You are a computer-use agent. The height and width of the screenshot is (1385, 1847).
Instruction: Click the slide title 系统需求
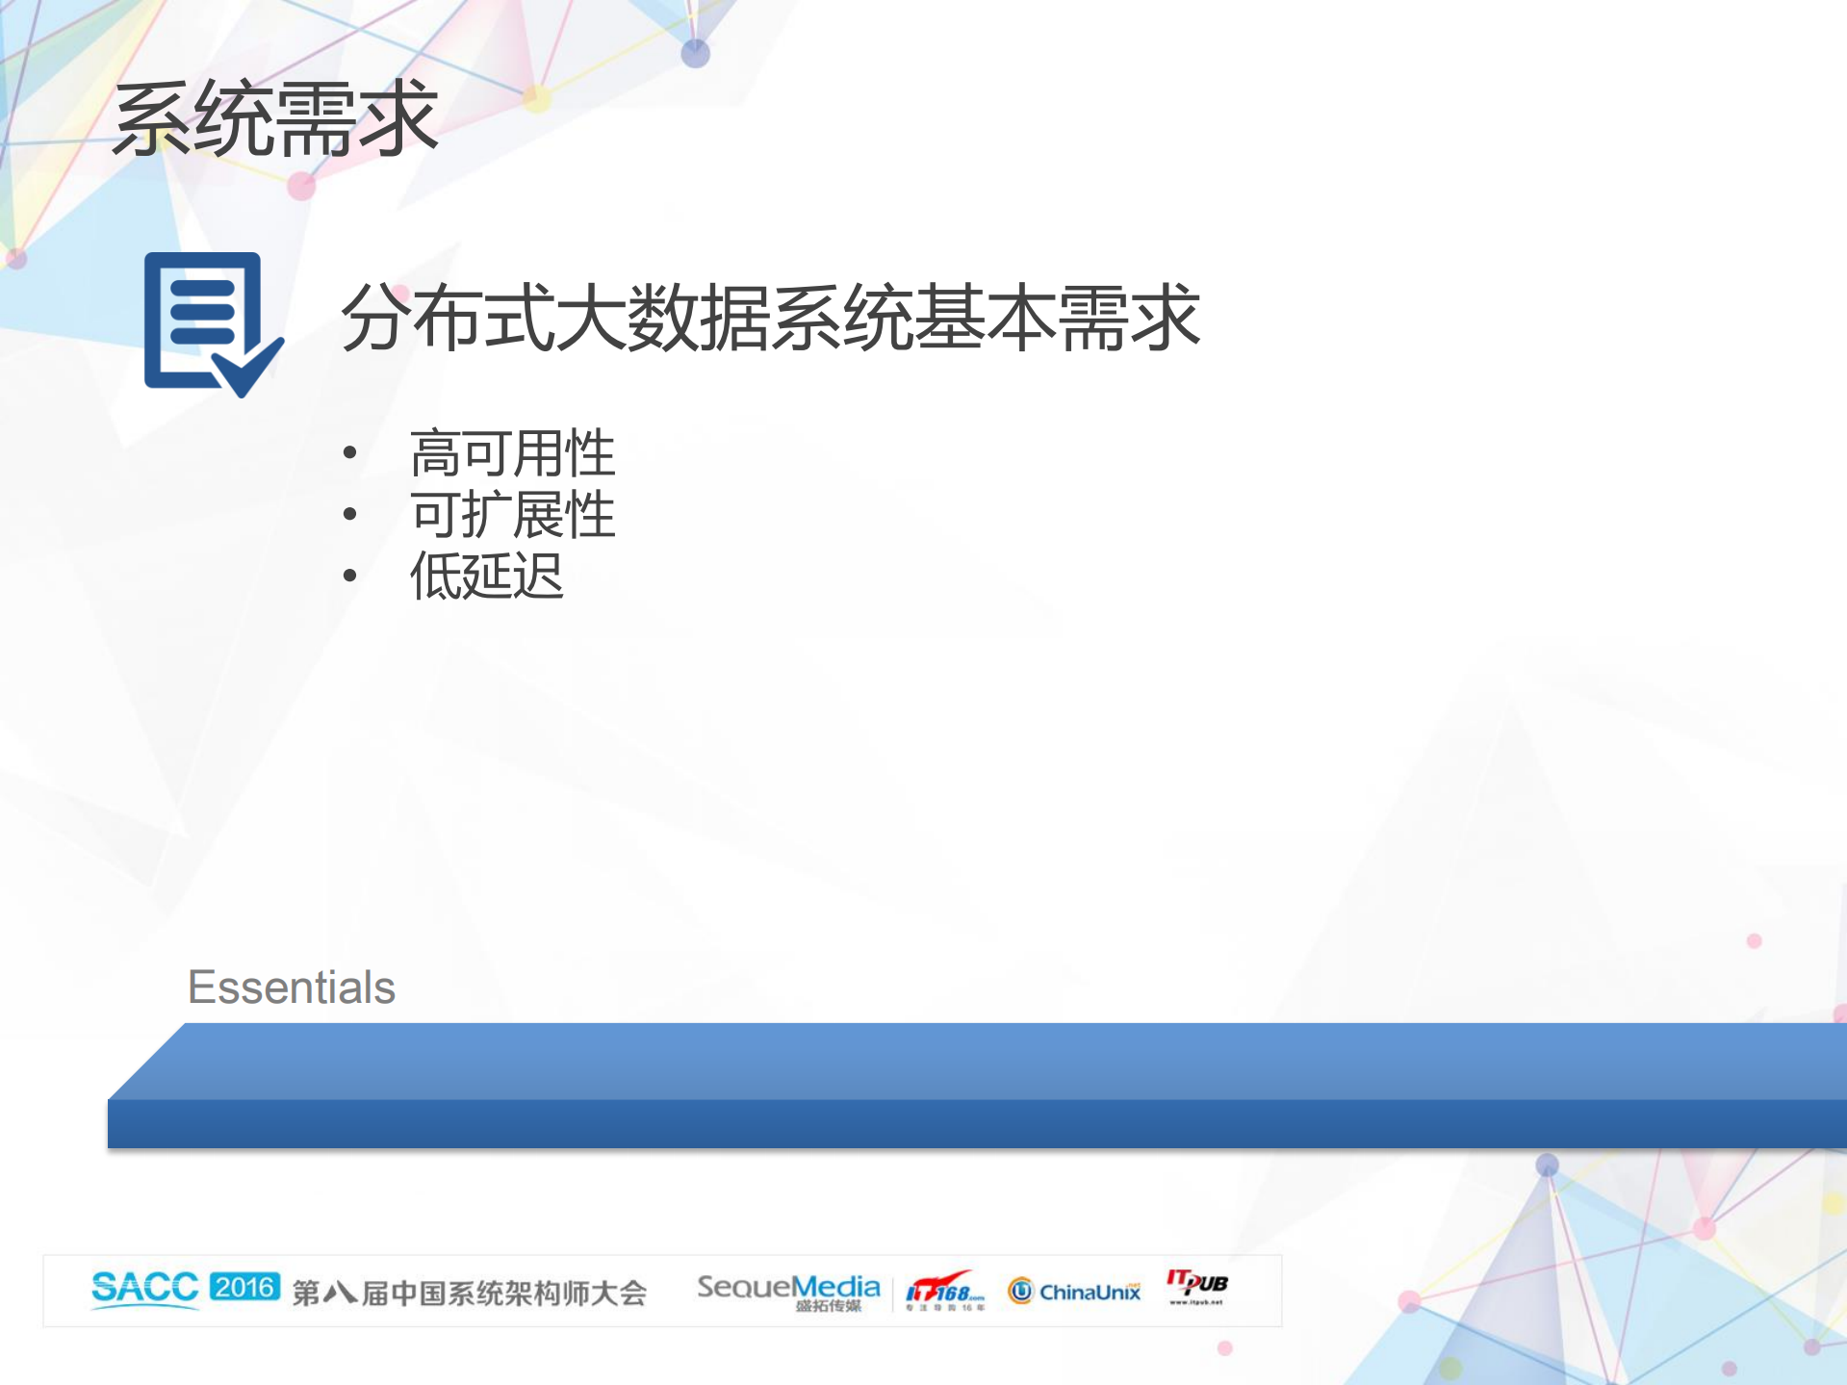pyautogui.click(x=275, y=119)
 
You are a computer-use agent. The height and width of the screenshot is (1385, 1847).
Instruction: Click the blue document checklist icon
pyautogui.click(x=208, y=322)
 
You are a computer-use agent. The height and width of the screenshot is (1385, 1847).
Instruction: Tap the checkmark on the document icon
pyautogui.click(x=245, y=371)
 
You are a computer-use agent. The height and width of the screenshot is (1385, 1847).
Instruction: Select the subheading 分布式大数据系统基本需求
pyautogui.click(x=770, y=318)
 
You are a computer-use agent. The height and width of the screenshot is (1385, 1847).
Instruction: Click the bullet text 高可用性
pyautogui.click(x=512, y=453)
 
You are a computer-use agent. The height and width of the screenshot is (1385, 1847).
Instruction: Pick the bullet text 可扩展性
pyautogui.click(x=512, y=515)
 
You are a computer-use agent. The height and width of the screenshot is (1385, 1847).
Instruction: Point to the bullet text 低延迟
pyautogui.click(x=487, y=577)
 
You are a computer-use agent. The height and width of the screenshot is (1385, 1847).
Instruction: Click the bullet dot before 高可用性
pyautogui.click(x=350, y=453)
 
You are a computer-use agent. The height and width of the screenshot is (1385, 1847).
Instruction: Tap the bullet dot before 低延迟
pyautogui.click(x=350, y=577)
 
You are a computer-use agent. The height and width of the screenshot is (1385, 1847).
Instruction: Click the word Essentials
pyautogui.click(x=292, y=987)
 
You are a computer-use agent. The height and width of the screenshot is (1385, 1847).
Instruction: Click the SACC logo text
pyautogui.click(x=145, y=1289)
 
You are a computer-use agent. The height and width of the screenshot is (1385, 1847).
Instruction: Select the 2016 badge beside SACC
pyautogui.click(x=244, y=1287)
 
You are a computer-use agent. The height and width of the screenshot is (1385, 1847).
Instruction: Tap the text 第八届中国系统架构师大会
pyautogui.click(x=469, y=1293)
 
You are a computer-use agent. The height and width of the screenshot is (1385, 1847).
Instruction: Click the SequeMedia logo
pyautogui.click(x=788, y=1290)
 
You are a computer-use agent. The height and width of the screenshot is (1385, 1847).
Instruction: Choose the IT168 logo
pyautogui.click(x=945, y=1290)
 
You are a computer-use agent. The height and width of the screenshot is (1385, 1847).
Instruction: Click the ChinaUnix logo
pyautogui.click(x=1075, y=1291)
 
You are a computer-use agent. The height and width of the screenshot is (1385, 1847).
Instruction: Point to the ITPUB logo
pyautogui.click(x=1197, y=1286)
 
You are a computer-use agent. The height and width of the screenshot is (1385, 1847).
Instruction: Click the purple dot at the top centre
pyautogui.click(x=695, y=54)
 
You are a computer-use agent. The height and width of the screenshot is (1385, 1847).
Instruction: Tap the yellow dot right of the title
pyautogui.click(x=539, y=98)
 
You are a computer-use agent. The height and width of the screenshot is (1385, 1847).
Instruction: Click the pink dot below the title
pyautogui.click(x=301, y=186)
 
